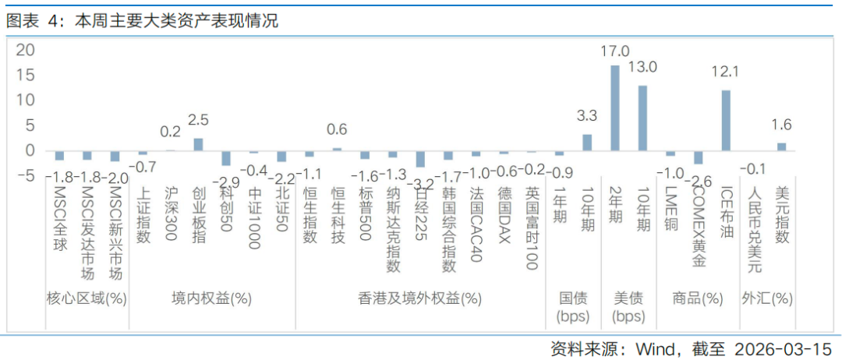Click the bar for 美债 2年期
coord(614,108)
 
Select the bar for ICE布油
coord(726,120)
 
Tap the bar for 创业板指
coord(198,144)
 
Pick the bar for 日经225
coord(420,158)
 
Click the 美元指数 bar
coord(781,146)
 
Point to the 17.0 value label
coord(614,51)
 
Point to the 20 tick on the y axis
coord(26,50)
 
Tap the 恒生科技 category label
coord(338,215)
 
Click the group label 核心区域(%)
coord(87,298)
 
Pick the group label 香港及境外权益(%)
coord(419,298)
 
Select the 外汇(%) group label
coord(767,298)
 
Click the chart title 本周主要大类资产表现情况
coord(175,21)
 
